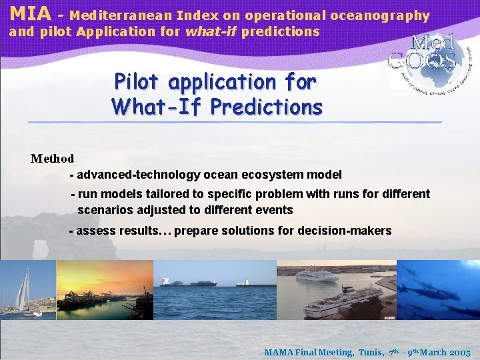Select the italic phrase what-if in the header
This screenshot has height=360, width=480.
211,31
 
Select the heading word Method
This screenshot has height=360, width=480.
53,159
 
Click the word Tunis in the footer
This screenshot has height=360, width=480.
371,352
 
